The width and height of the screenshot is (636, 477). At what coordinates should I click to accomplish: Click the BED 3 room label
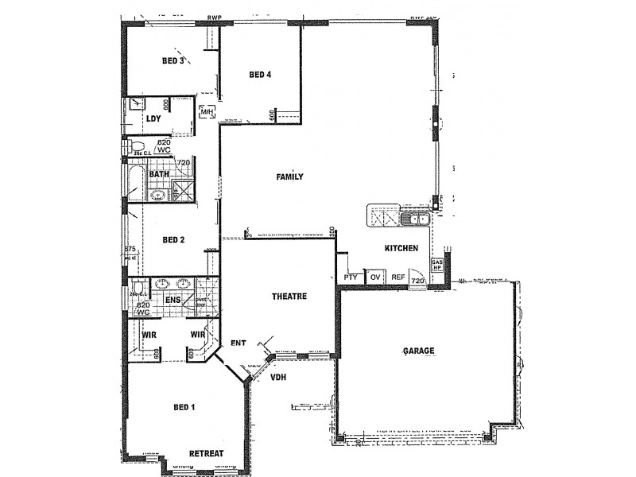tap(173, 60)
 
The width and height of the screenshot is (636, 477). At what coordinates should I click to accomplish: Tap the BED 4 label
tap(260, 76)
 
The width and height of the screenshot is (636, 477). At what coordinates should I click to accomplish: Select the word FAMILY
tap(290, 176)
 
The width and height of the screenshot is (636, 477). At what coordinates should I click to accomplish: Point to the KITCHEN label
tap(401, 249)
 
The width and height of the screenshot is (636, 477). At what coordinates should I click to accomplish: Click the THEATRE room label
tap(289, 296)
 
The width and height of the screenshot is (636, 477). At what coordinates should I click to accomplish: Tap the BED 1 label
tap(184, 408)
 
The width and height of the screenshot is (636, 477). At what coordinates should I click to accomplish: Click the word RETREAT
tap(206, 453)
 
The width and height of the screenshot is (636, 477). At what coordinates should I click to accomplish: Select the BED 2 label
tap(173, 239)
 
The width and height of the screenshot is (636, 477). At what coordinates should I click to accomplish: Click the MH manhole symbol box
tap(207, 113)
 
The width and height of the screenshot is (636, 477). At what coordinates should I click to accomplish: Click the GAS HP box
tap(436, 266)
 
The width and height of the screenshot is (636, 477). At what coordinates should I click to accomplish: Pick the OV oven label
tap(375, 277)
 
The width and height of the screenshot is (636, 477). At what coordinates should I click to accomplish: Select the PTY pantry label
tap(350, 277)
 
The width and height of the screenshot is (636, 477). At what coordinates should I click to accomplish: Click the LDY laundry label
tap(154, 119)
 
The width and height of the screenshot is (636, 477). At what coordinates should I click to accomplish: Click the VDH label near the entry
tap(277, 377)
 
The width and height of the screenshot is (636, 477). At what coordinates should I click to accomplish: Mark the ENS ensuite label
tap(173, 300)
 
